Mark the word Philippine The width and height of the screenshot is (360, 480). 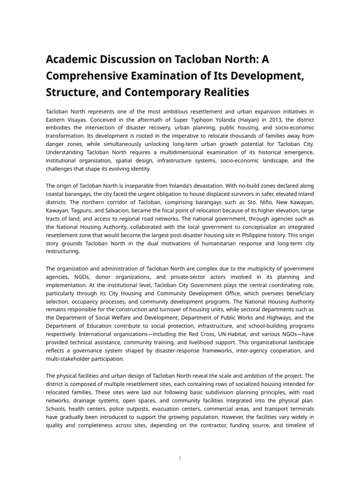(279, 235)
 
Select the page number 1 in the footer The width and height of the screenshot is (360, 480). (180, 458)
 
